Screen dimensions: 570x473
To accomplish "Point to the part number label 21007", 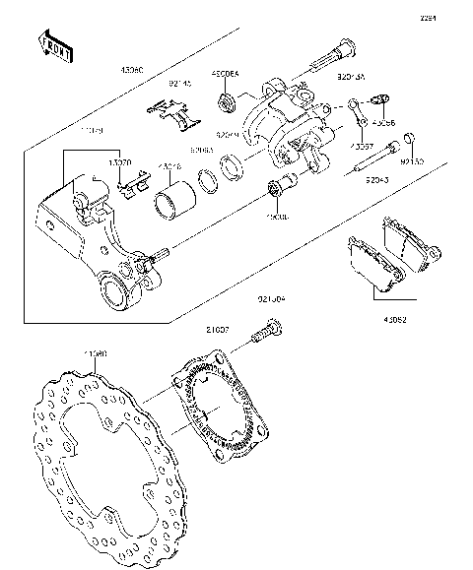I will click(218, 330).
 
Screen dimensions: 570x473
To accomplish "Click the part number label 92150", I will click(413, 159).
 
